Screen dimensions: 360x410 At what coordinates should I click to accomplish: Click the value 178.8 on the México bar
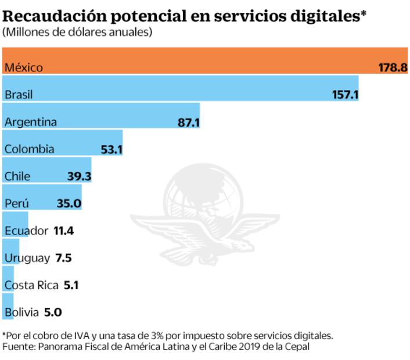(393, 67)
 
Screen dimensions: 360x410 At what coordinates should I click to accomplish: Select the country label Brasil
(18, 94)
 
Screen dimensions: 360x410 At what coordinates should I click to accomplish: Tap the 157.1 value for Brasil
(345, 94)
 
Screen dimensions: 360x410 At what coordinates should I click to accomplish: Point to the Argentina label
(30, 121)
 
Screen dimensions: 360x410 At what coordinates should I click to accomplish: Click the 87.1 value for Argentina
(188, 121)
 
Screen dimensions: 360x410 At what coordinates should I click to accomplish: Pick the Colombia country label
(29, 149)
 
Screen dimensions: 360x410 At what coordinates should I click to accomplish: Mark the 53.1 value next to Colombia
(112, 149)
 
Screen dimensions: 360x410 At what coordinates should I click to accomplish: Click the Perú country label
(16, 203)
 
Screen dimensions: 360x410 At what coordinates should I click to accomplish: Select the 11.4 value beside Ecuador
(63, 231)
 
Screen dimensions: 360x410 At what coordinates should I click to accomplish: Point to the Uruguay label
(27, 258)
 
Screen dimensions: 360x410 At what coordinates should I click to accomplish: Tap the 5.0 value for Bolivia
(52, 312)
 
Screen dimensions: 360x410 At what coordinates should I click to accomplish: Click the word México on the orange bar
(23, 67)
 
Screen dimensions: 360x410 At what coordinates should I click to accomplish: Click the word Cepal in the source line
(297, 347)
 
